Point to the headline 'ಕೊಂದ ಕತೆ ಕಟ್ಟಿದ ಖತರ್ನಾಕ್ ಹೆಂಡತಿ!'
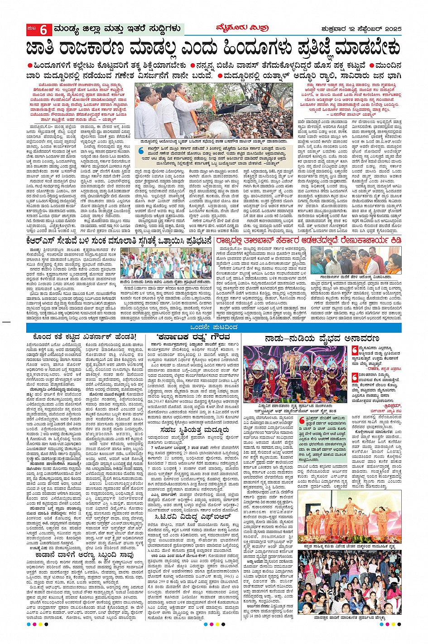(x=84, y=337)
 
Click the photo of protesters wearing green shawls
(x=167, y=262)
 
